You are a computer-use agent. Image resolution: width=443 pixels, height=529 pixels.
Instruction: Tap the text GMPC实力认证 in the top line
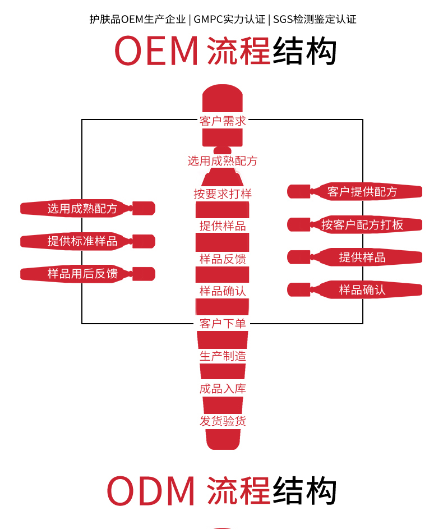(230, 19)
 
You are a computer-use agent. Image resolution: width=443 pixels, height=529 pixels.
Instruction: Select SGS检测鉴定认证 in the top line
(315, 19)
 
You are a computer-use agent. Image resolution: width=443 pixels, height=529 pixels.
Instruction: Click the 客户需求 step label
(223, 121)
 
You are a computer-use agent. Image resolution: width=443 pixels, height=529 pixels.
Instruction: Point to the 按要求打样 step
(223, 194)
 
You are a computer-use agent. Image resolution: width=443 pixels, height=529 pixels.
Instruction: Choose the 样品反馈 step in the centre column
(223, 259)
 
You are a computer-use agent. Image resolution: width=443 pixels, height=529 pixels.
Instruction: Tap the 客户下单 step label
(223, 324)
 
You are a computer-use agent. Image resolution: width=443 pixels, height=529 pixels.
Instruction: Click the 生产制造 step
(223, 356)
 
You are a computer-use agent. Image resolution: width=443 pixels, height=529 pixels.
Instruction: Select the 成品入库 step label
(223, 389)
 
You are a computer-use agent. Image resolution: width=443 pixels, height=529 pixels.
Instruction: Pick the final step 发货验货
(223, 421)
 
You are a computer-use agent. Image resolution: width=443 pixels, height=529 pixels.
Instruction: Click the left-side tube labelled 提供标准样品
(82, 242)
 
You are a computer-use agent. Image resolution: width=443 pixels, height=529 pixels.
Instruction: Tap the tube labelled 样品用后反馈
(82, 274)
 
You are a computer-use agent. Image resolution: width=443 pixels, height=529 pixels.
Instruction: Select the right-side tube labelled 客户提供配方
(362, 192)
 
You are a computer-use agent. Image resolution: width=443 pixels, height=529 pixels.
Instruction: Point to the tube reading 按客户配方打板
(362, 225)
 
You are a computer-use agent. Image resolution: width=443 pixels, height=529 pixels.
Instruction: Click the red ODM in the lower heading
(151, 491)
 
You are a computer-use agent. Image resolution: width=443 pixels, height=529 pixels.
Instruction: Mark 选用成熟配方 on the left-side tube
(82, 209)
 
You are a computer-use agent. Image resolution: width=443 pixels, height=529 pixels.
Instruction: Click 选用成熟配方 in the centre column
(223, 162)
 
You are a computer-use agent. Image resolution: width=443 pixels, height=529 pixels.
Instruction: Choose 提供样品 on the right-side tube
(362, 257)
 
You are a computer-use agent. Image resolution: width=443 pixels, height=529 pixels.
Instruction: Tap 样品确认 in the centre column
(223, 291)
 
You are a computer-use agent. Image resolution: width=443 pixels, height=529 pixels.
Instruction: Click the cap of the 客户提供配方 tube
(298, 192)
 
